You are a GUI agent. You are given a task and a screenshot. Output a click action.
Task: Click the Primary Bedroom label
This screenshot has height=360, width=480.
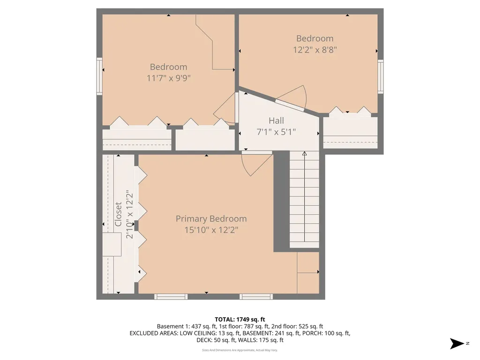point(211,218)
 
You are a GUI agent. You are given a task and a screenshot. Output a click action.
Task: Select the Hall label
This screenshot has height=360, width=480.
point(276,121)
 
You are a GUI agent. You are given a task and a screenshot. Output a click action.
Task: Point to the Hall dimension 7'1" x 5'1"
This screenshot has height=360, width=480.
point(276,132)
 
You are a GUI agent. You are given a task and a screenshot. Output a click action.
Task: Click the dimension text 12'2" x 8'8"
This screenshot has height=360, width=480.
point(315,49)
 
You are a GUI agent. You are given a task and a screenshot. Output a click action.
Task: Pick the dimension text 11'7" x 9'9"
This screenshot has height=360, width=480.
point(168,78)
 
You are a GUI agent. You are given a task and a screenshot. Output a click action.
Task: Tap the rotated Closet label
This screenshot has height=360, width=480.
point(119,214)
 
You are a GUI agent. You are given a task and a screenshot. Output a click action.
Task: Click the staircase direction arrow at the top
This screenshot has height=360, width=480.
point(304,153)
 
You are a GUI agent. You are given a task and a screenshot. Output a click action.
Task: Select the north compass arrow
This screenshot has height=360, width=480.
point(457,344)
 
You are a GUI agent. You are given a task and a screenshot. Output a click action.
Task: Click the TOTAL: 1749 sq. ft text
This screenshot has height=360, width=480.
point(240,319)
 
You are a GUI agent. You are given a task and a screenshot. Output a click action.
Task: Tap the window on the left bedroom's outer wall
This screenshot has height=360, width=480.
point(99,76)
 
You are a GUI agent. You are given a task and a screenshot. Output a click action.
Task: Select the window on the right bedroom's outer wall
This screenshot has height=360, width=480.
point(381,76)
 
